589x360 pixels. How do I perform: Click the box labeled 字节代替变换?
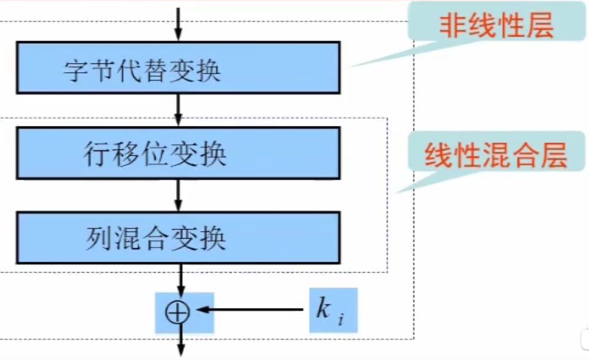(x=178, y=68)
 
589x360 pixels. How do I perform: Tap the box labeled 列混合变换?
(x=178, y=238)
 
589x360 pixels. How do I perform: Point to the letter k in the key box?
(x=323, y=309)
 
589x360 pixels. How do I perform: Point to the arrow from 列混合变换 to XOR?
(x=181, y=278)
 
